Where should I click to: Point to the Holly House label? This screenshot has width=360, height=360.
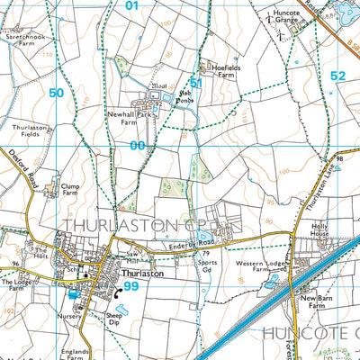(320, 232)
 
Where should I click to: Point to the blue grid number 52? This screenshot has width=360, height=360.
(337, 76)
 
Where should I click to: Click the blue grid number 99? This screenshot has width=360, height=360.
(131, 286)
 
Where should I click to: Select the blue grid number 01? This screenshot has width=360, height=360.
(134, 6)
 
